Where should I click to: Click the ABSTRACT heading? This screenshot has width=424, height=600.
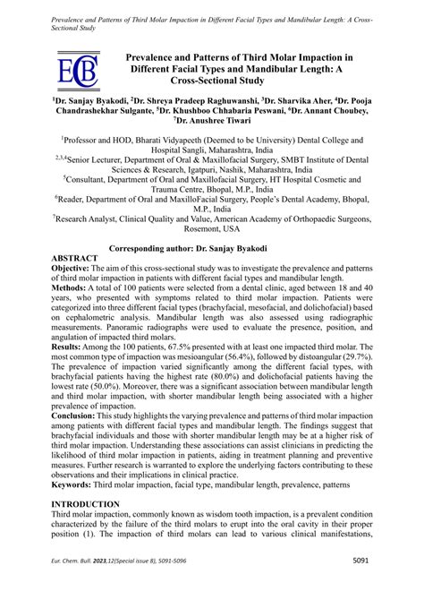[x=79, y=257]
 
